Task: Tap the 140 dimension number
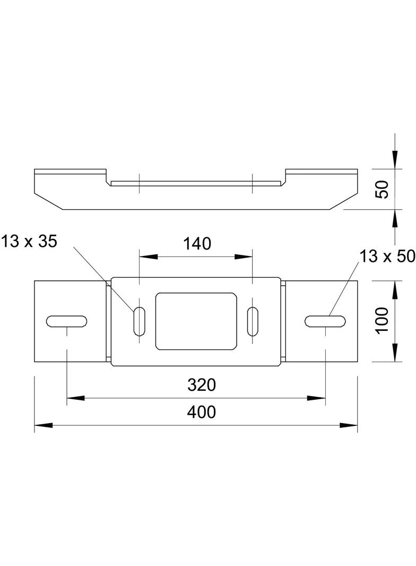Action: coord(197,244)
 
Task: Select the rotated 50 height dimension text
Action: coord(383,188)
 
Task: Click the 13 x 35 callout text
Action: coord(29,242)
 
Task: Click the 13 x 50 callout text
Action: coord(386,256)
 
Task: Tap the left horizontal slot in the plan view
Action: coord(67,321)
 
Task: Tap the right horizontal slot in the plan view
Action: coord(326,320)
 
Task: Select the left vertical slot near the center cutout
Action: coord(138,321)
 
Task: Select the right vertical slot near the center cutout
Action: coord(253,321)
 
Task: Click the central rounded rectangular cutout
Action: coord(196,321)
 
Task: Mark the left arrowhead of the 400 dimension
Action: coord(42,425)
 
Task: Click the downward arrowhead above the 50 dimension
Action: coord(394,159)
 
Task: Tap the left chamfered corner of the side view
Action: coord(48,201)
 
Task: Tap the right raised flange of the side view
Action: coord(321,172)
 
